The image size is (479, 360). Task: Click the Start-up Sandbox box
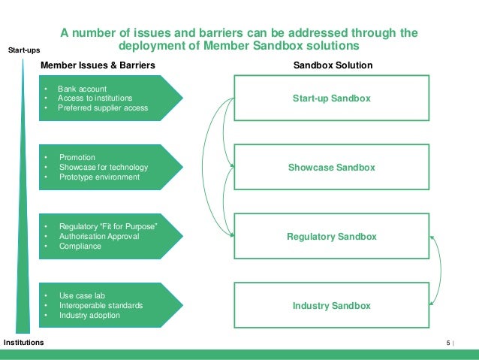(331, 98)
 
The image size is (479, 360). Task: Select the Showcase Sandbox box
(331, 168)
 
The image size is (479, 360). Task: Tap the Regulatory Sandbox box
(331, 237)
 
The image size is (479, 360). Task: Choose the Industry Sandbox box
(331, 306)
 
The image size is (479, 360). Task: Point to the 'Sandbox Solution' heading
(331, 65)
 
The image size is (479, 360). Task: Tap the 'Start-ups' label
(24, 50)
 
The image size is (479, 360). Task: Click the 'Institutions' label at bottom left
(23, 342)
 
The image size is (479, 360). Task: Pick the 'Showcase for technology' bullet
(103, 167)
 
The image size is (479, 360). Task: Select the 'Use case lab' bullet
(82, 296)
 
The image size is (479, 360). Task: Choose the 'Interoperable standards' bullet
(100, 306)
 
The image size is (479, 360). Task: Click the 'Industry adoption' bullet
(89, 316)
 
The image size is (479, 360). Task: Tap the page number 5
(448, 343)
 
